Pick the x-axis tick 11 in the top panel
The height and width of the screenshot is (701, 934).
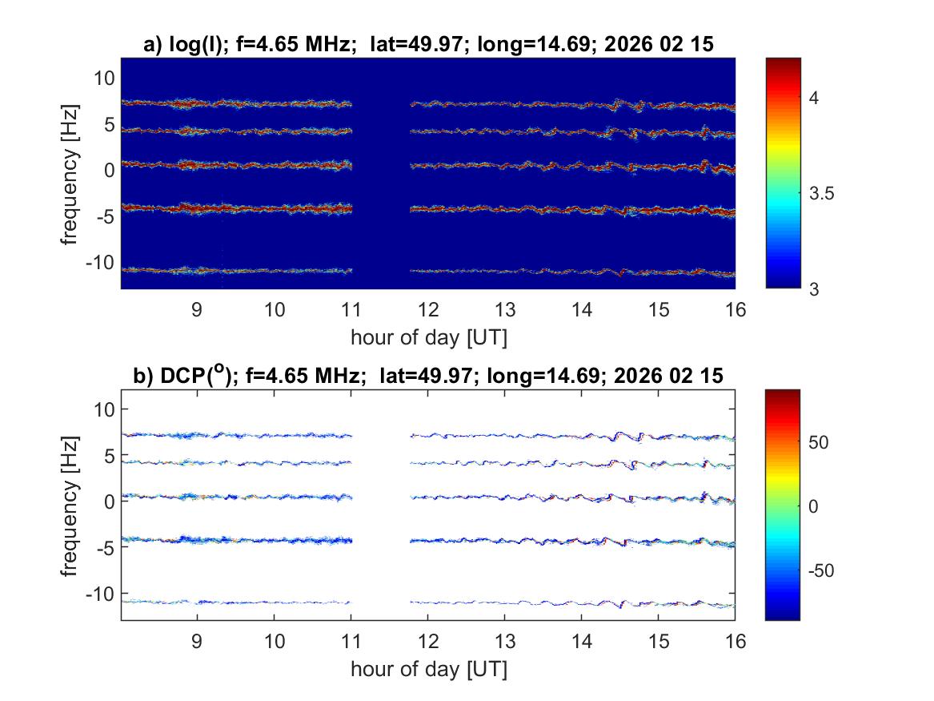(351, 310)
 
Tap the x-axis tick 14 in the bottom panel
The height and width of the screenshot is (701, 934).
(582, 642)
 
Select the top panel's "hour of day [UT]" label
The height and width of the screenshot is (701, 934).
(428, 337)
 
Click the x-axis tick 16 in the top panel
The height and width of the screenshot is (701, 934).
(735, 310)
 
